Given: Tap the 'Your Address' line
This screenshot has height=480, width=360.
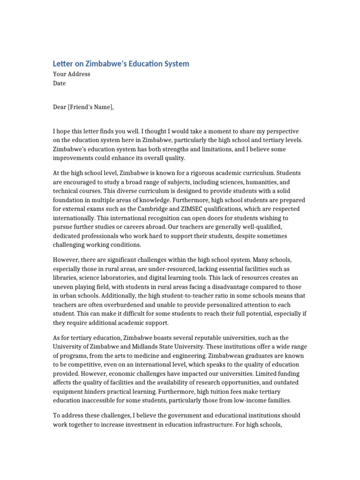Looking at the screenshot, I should [x=71, y=74].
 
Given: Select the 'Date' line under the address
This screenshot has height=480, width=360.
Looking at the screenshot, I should [x=59, y=83].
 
